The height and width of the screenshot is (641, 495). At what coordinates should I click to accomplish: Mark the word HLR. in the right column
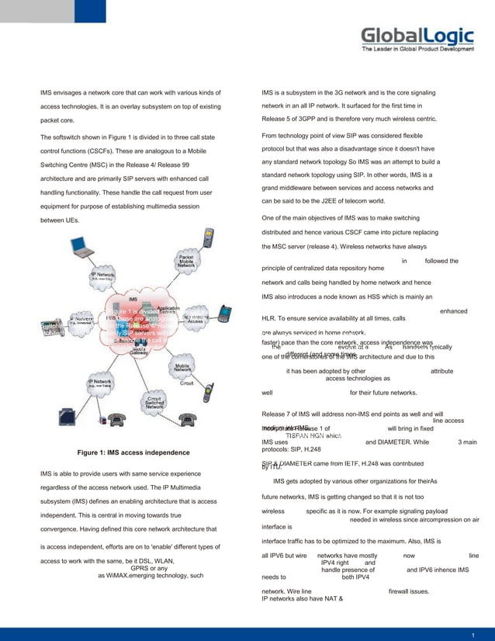coord(272,318)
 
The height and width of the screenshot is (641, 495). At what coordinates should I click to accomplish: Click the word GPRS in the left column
coord(144,568)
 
